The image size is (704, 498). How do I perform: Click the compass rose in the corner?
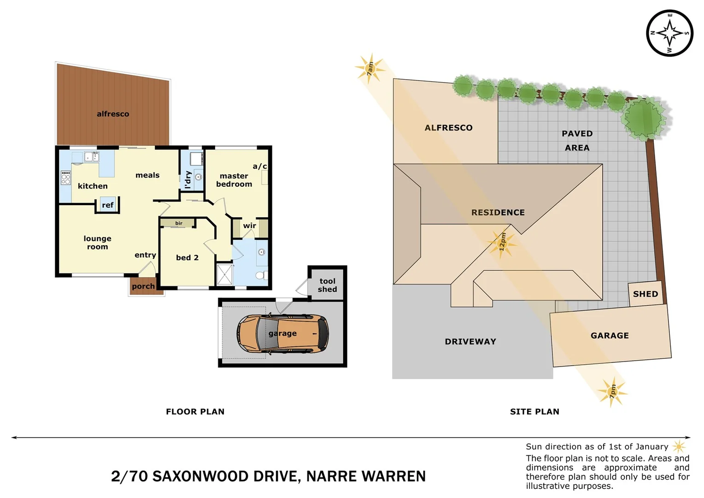point(669,33)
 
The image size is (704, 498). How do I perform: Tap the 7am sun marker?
point(370,69)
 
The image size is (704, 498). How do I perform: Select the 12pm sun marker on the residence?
point(502,243)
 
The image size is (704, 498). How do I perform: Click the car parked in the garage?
point(282,334)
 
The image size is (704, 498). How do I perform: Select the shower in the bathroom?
point(225,274)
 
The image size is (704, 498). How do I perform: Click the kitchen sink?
point(91,157)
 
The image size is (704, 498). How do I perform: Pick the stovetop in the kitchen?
point(66,178)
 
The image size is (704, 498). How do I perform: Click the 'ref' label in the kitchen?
point(107,205)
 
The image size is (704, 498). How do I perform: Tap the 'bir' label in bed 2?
point(179,223)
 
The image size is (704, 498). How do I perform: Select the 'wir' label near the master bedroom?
point(249,226)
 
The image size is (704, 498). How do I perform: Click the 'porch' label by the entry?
point(143,286)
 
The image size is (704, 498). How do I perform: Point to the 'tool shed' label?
point(327,285)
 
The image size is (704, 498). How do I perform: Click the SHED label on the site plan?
point(645,294)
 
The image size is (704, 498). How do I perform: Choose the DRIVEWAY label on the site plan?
point(470,342)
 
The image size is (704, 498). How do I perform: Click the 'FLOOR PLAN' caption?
point(195,412)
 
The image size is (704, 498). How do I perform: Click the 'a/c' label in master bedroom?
point(259,166)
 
